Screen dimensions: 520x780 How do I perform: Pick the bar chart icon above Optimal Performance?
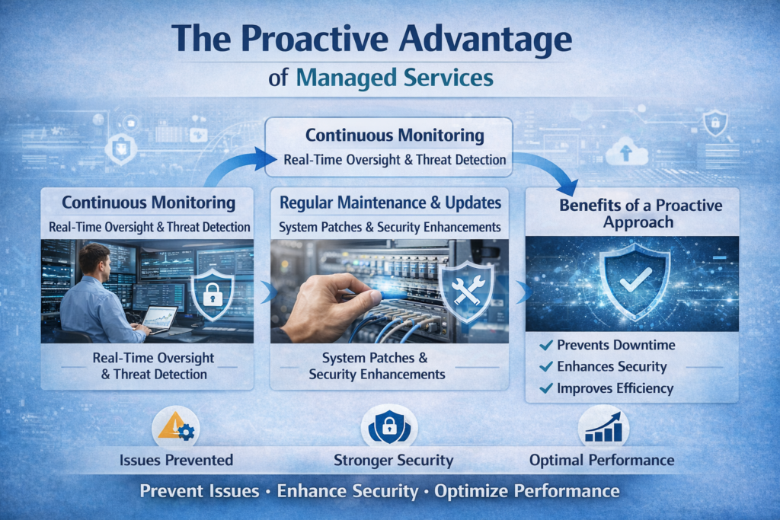click(603, 429)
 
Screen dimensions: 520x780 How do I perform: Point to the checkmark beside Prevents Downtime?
click(545, 346)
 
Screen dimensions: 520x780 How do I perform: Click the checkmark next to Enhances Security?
click(545, 367)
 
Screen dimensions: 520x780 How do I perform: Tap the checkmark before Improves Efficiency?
click(545, 388)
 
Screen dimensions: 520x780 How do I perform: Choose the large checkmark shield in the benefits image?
click(634, 280)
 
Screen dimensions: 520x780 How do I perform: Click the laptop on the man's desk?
click(159, 317)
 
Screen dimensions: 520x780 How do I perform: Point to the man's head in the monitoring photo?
click(94, 261)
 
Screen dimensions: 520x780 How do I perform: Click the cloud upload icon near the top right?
click(625, 154)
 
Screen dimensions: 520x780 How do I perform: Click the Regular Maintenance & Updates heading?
click(390, 203)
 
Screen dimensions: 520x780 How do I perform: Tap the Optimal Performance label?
click(602, 460)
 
